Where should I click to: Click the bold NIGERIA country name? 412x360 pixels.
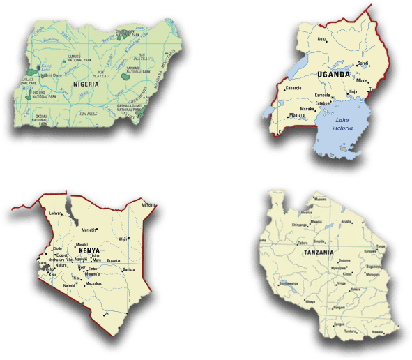tap(86, 84)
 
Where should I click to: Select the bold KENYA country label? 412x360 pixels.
tap(88, 250)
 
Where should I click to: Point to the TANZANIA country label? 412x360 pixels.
tap(318, 252)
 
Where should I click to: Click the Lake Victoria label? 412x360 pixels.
tap(342, 124)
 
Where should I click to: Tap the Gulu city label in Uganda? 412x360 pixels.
tap(321, 40)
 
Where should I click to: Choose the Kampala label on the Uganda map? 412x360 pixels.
tap(322, 94)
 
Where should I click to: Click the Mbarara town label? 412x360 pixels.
tap(296, 115)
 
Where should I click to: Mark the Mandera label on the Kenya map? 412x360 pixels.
tap(148, 205)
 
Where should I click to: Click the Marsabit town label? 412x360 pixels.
tap(89, 230)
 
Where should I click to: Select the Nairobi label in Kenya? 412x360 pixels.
tap(68, 286)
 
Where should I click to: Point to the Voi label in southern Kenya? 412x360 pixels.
tap(107, 314)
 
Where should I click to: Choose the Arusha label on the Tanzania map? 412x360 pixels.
tap(346, 221)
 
